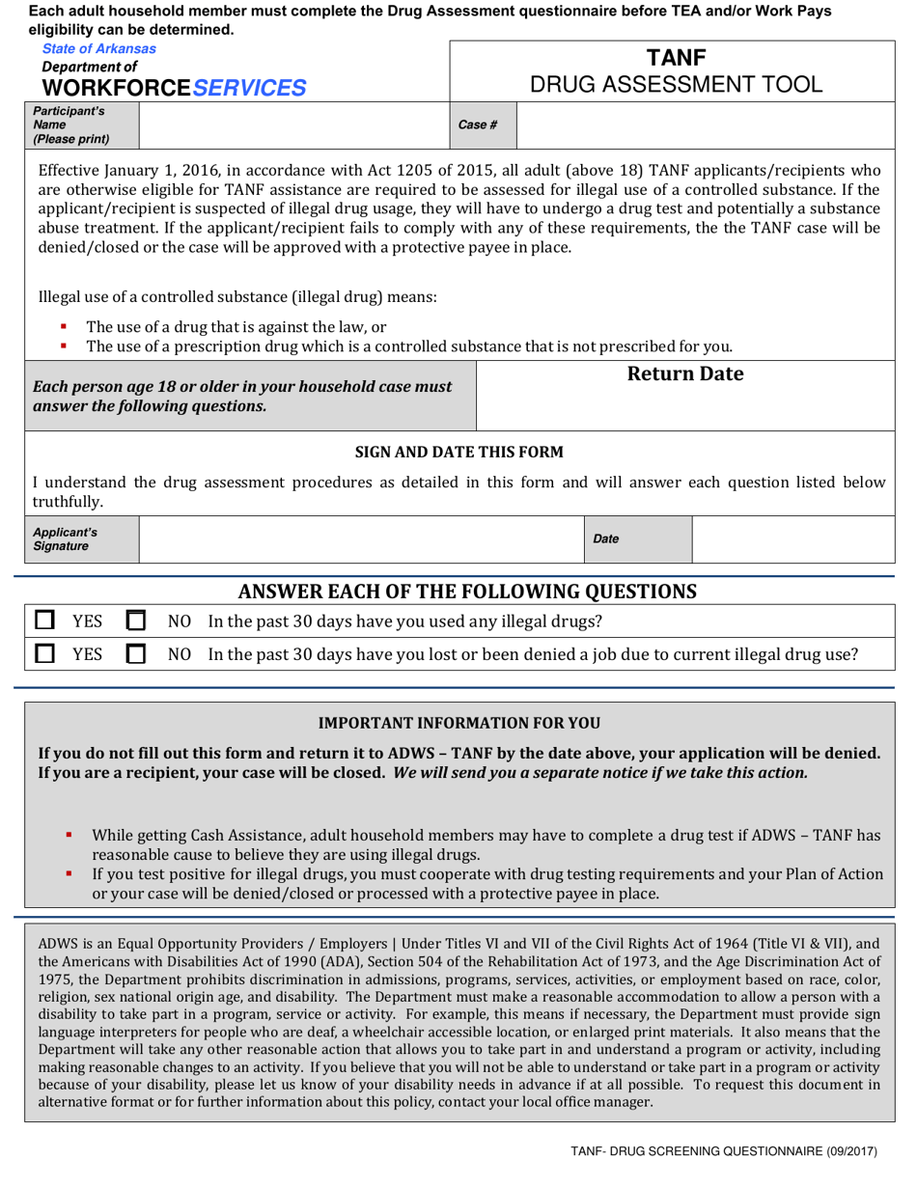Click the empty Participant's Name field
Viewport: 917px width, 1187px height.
(x=293, y=124)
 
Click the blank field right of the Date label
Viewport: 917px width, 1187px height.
(x=791, y=538)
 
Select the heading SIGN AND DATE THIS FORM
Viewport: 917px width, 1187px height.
(x=459, y=452)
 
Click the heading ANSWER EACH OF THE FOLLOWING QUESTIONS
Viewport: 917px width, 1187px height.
(x=467, y=590)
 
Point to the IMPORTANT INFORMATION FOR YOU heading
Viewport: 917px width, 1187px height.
(x=459, y=723)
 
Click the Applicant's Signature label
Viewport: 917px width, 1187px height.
(x=66, y=538)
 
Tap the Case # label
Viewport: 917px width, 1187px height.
(x=478, y=124)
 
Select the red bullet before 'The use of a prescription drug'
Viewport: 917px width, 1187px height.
(x=63, y=345)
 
